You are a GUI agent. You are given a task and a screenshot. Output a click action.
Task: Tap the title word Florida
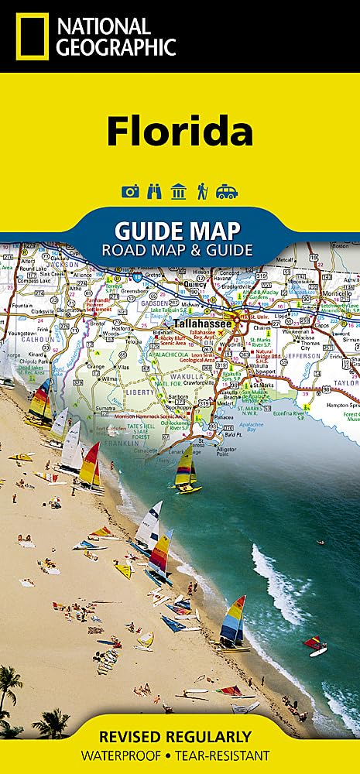(180, 131)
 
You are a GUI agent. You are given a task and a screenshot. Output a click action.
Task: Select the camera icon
(130, 192)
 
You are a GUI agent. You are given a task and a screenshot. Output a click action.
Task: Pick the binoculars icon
(154, 192)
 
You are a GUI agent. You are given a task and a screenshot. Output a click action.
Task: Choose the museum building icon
(179, 192)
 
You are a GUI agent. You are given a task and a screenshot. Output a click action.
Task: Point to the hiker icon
(202, 192)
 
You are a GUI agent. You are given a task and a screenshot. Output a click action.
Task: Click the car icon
(227, 192)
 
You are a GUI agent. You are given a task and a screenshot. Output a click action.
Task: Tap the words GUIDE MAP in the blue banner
(177, 231)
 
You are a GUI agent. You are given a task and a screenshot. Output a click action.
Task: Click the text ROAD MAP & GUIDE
(177, 249)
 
